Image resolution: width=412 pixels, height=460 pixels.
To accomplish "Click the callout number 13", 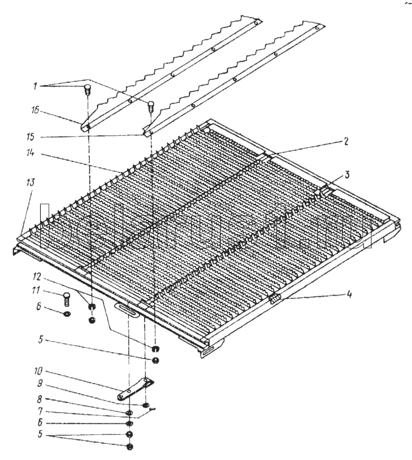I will coord(29,182).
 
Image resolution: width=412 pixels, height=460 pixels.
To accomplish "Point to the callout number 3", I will coord(346,173).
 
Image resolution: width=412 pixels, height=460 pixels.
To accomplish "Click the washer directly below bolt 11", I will coord(66,315).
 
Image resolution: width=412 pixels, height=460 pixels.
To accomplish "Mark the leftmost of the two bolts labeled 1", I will coord(88,90).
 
